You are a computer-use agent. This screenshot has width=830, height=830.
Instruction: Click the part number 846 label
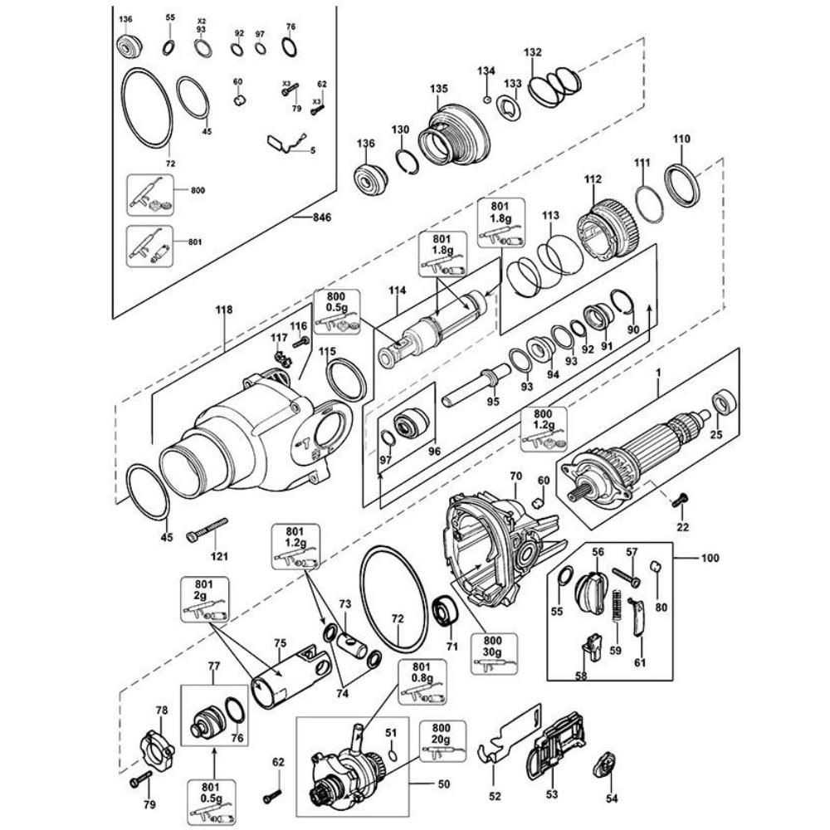pyautogui.click(x=321, y=217)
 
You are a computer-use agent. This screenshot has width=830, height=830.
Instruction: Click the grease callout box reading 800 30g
pyautogui.click(x=492, y=654)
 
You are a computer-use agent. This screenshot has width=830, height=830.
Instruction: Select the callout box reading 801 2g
pyautogui.click(x=205, y=599)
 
